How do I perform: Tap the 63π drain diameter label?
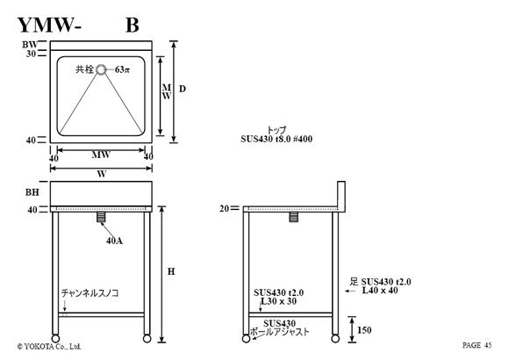(122, 69)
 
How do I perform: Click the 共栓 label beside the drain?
(85, 69)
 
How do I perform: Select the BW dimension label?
(30, 45)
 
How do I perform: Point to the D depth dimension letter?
(183, 89)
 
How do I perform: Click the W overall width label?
(102, 174)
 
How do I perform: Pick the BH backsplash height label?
(32, 192)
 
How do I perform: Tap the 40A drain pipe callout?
(114, 241)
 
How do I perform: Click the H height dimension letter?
(171, 271)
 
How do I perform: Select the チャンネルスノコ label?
(90, 293)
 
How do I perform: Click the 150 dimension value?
(364, 330)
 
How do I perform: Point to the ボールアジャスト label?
(279, 332)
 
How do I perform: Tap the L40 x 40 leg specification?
(380, 290)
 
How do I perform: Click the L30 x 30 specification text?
(278, 301)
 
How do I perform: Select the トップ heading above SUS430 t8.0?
(276, 130)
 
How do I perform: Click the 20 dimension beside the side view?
(225, 209)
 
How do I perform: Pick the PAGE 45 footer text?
(477, 345)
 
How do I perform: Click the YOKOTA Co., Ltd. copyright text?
(49, 347)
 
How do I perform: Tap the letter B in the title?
(133, 25)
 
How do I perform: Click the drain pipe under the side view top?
(293, 217)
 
